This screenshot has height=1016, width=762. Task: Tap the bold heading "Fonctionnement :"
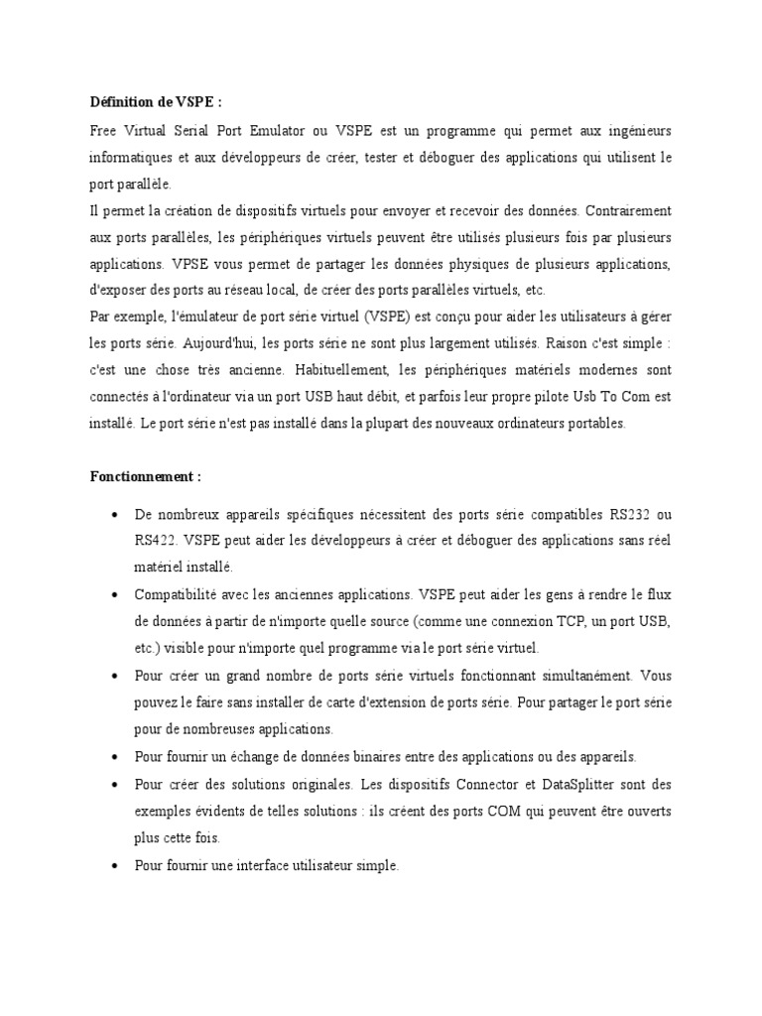tap(145, 476)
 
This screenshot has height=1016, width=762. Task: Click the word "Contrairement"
tap(628, 210)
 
